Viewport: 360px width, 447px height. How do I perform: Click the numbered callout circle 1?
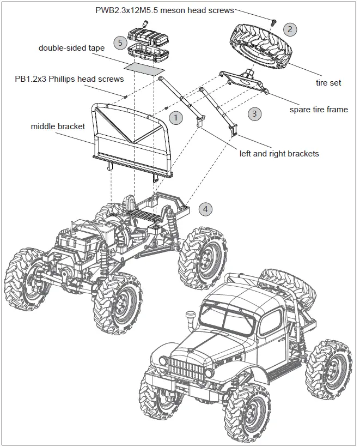175,117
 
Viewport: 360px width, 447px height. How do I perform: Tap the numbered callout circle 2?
290,29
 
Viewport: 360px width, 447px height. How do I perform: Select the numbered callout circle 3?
254,113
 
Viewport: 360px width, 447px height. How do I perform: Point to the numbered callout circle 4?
205,209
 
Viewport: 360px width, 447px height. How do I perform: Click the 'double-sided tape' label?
71,48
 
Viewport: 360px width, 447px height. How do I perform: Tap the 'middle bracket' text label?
58,126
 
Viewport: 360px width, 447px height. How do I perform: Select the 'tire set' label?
328,83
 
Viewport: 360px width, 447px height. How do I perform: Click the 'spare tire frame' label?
319,110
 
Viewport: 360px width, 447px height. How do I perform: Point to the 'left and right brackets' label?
279,154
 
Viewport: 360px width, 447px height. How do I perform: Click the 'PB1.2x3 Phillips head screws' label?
69,79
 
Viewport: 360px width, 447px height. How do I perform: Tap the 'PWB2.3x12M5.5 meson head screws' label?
164,10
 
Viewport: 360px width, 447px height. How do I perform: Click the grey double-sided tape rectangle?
144,68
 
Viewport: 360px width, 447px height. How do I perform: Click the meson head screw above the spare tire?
273,21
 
